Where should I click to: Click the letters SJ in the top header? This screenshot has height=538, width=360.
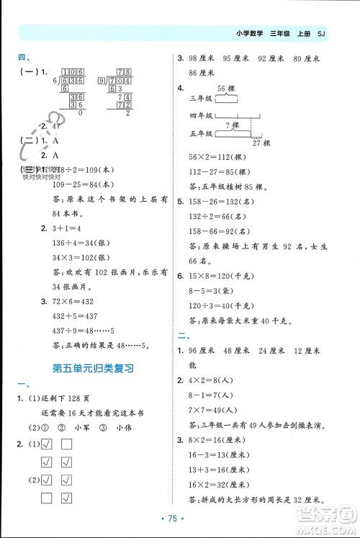(x=321, y=33)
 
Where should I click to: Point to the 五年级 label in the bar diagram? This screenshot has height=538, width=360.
(x=198, y=133)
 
